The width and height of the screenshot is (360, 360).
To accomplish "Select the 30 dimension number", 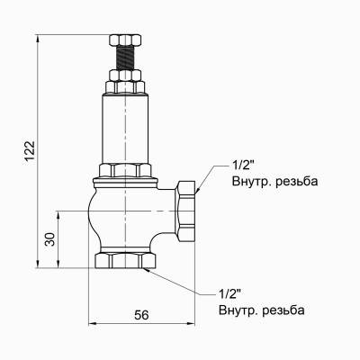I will point(50,238).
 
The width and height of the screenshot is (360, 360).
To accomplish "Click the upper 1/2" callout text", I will point(243,166).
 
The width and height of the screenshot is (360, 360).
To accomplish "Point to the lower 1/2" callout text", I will point(229,294).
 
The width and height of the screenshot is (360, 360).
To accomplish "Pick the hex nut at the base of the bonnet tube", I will point(126,170).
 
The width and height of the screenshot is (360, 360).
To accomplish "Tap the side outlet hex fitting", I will point(188,211).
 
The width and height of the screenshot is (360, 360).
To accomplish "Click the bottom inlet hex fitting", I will point(125,261).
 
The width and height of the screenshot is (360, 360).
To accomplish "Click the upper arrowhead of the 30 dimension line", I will point(60,214).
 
